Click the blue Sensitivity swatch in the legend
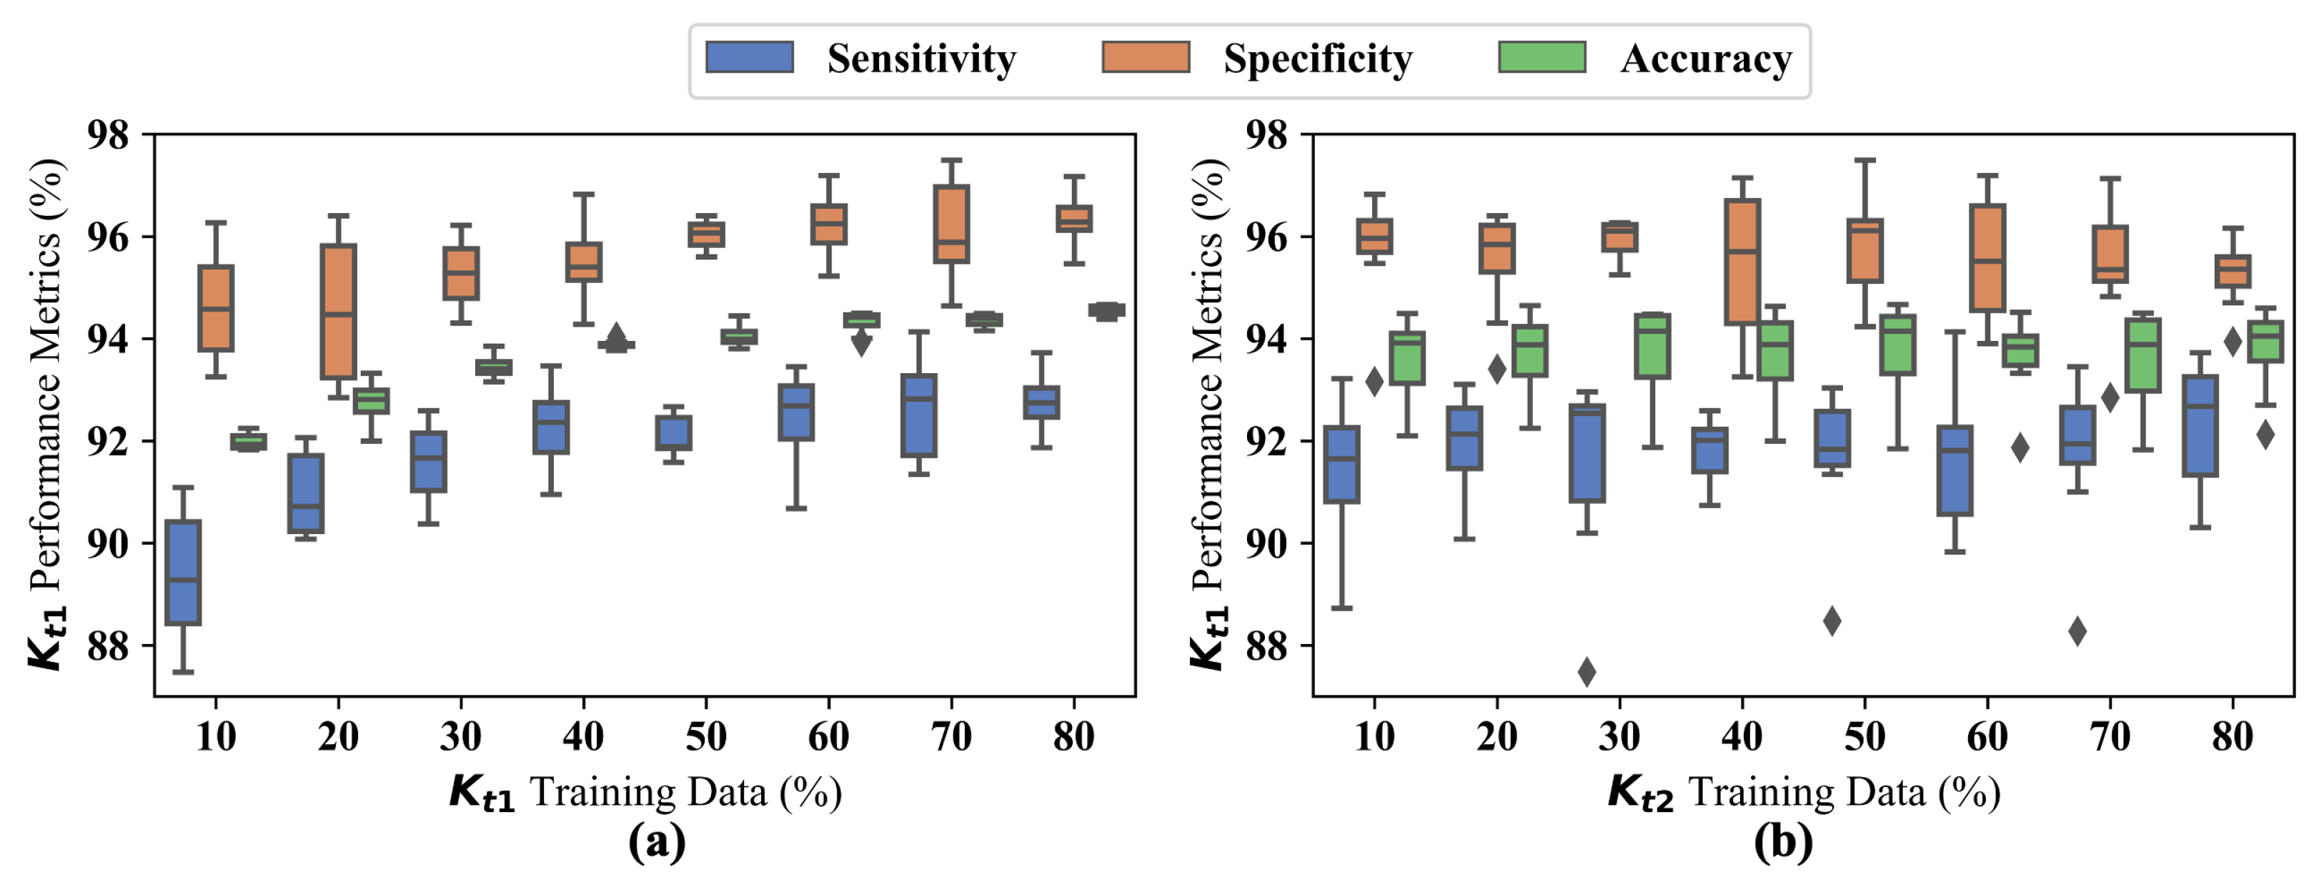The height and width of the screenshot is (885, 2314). pos(749,56)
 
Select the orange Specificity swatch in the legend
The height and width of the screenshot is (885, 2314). pos(1146,56)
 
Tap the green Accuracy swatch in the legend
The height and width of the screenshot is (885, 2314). pos(1541,56)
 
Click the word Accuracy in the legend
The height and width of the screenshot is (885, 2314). pos(1706,59)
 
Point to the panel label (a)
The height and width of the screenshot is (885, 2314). pos(657,842)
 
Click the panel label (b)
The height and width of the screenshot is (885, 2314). pos(1783,842)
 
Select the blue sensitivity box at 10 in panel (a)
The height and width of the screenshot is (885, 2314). pos(183,573)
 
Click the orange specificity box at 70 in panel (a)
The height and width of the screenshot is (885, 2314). pos(951,224)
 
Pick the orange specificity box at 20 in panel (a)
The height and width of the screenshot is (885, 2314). pos(339,311)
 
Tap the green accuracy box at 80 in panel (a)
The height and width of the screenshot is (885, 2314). pos(1107,310)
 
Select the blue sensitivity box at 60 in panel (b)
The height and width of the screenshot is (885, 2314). pos(1955,470)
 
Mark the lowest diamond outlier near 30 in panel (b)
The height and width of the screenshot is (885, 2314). pos(1587,671)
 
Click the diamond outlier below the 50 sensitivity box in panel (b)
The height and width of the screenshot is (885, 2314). pos(1832,621)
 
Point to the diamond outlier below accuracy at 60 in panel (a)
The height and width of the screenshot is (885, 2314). pos(861,343)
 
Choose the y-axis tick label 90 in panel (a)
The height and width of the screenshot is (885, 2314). pos(108,543)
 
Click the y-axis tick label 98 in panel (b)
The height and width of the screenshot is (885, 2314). pos(1266,135)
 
